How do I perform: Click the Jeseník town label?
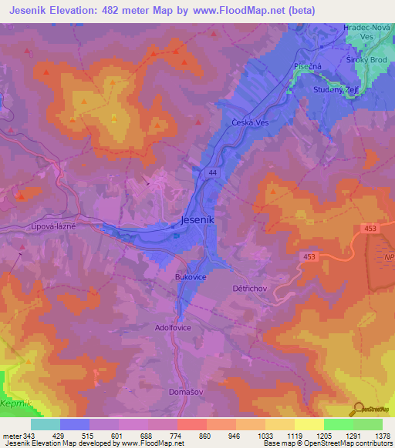[x=202, y=219]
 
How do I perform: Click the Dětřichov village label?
[x=248, y=288]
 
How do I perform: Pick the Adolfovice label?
[x=173, y=328]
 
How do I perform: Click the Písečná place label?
[x=301, y=67]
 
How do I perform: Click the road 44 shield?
[x=212, y=174]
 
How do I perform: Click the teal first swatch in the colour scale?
[x=46, y=424]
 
